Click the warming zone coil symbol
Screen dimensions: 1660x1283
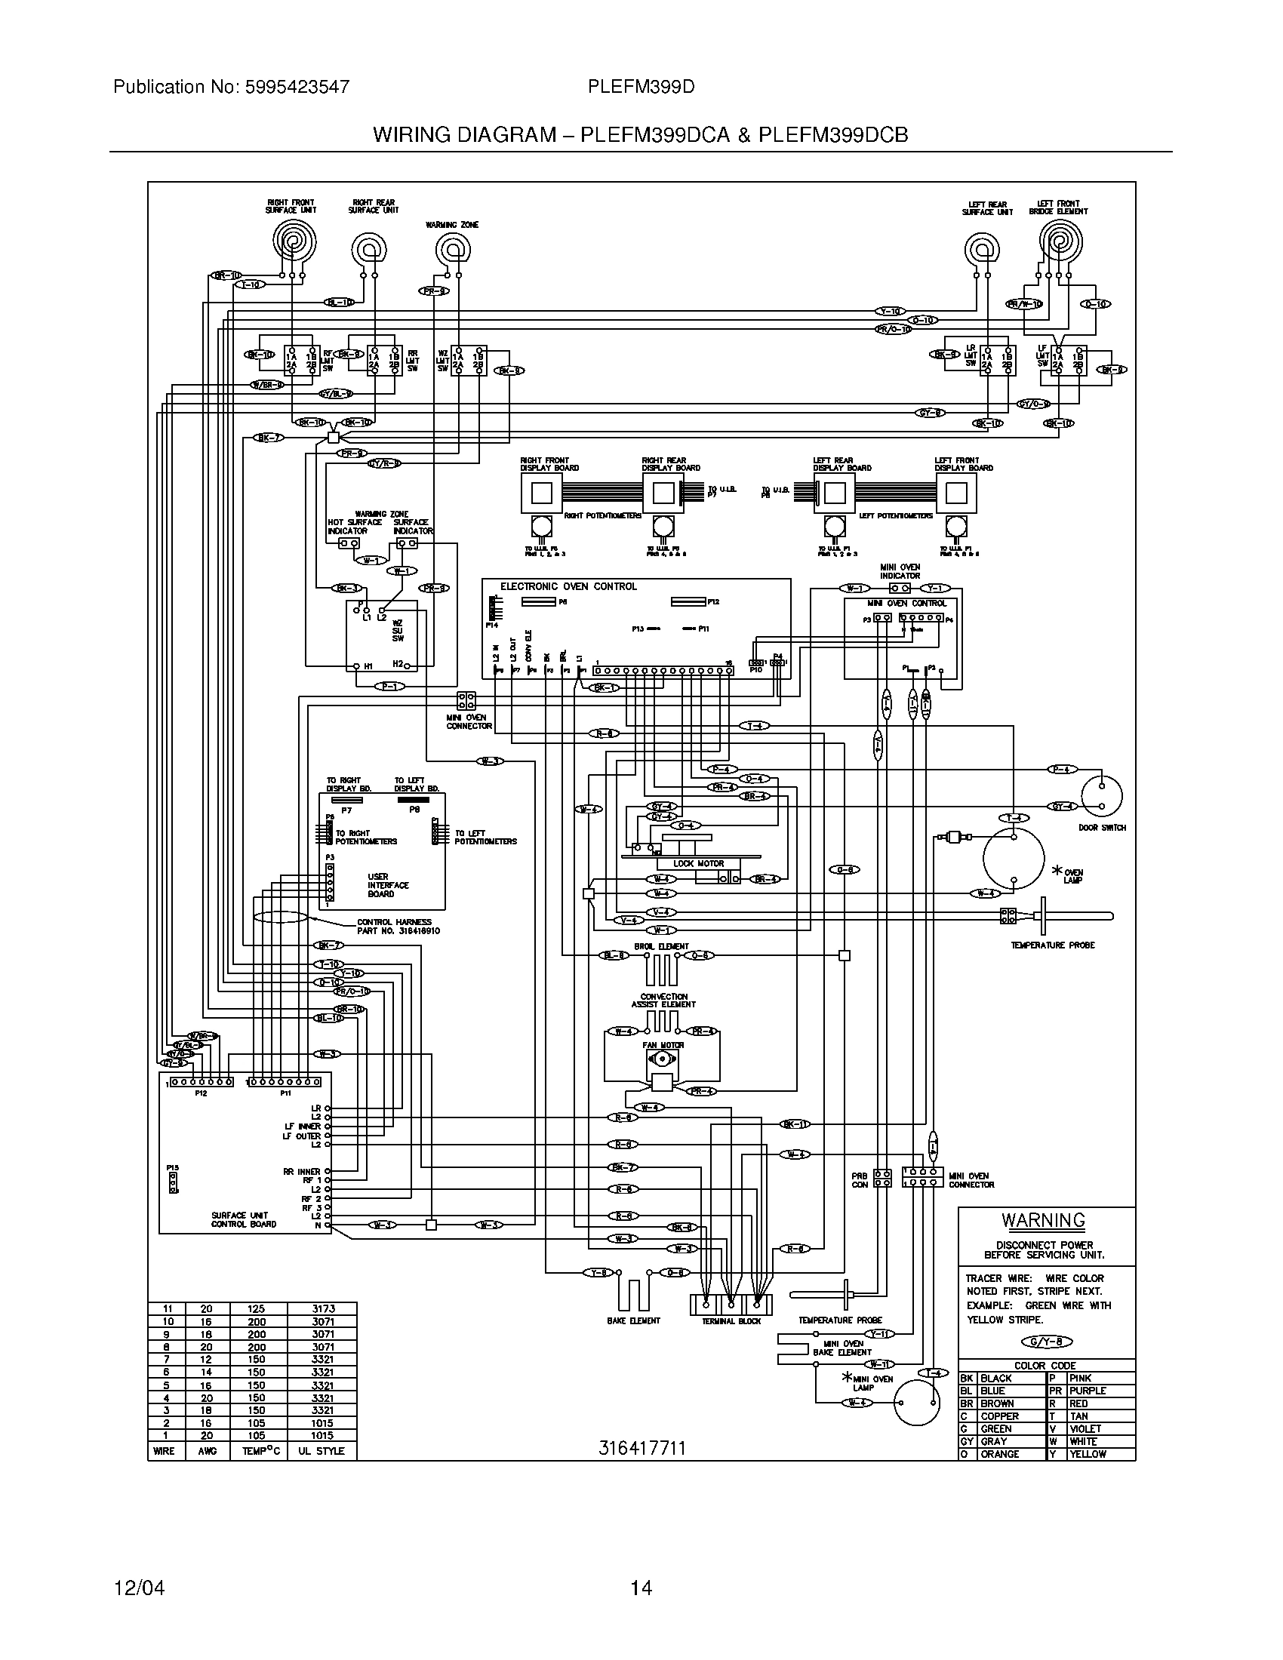(x=453, y=249)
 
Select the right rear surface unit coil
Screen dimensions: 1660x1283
(x=368, y=249)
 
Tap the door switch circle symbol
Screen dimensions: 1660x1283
(x=1101, y=796)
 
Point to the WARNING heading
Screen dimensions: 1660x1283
(x=1043, y=1221)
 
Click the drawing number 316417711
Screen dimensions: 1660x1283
(x=641, y=1449)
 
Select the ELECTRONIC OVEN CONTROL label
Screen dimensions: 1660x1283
(x=568, y=587)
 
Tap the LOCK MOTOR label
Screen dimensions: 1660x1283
(x=699, y=864)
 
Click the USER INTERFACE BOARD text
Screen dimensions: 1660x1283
(x=388, y=886)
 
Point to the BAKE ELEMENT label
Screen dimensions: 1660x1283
(x=633, y=1321)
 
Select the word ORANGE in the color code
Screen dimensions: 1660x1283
(x=999, y=1454)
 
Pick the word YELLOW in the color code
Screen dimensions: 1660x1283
(x=1088, y=1454)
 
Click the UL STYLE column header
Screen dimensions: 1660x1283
(x=321, y=1451)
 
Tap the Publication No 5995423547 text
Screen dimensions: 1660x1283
(x=231, y=87)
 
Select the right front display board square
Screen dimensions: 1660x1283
(x=541, y=494)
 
